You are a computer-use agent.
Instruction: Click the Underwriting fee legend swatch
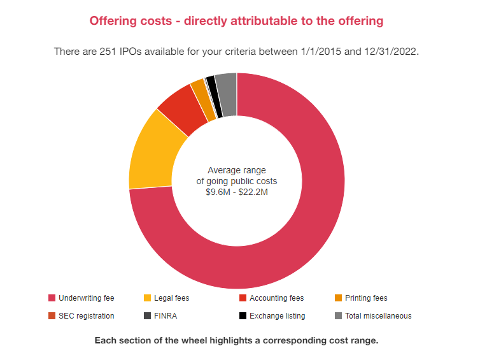pos(52,298)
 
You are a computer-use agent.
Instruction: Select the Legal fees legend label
pos(171,298)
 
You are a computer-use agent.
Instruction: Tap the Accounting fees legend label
pos(276,298)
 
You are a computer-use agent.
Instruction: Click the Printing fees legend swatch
pos(339,298)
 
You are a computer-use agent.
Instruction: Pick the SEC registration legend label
pos(86,315)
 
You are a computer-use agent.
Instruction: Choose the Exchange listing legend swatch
pos(243,315)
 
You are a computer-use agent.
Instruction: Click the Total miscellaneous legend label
pos(378,315)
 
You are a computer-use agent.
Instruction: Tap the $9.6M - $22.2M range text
pos(237,192)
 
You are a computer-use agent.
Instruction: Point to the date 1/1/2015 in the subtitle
pos(321,51)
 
